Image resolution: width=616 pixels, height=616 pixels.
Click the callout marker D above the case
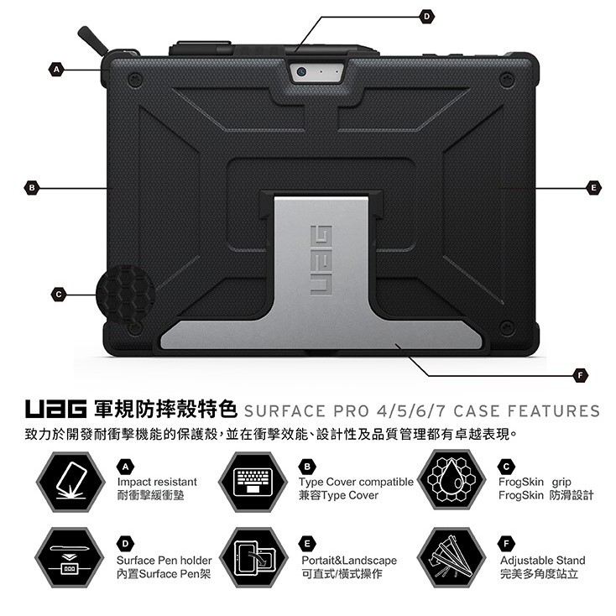pyautogui.click(x=427, y=17)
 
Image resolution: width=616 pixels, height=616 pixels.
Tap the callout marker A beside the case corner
pyautogui.click(x=56, y=70)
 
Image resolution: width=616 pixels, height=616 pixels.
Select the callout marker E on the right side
pyautogui.click(x=593, y=188)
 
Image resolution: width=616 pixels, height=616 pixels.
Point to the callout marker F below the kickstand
pyautogui.click(x=581, y=375)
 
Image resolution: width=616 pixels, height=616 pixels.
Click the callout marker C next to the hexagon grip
pyautogui.click(x=59, y=295)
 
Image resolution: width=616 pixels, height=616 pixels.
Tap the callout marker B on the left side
pyautogui.click(x=32, y=188)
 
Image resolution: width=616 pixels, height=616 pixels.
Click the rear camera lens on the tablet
pyautogui.click(x=301, y=72)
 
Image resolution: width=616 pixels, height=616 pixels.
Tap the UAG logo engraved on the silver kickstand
pyautogui.click(x=321, y=260)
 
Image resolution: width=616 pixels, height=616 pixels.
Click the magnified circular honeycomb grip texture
pyautogui.click(x=126, y=294)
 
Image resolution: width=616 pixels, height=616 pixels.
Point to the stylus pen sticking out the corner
pyautogui.click(x=92, y=40)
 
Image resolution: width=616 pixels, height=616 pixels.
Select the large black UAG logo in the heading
pyautogui.click(x=55, y=409)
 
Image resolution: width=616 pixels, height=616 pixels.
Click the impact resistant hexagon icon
pyautogui.click(x=70, y=482)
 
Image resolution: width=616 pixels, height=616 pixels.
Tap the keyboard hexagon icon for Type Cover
pyautogui.click(x=253, y=482)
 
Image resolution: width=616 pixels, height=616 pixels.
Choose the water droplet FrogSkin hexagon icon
pyautogui.click(x=452, y=480)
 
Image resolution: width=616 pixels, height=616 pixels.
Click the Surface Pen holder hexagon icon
pyautogui.click(x=70, y=558)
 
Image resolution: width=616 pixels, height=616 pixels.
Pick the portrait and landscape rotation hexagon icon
pyautogui.click(x=253, y=558)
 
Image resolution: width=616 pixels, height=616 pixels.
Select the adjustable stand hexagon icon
pyautogui.click(x=452, y=558)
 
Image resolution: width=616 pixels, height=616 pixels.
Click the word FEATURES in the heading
pyautogui.click(x=554, y=411)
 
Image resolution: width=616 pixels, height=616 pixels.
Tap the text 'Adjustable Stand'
pyautogui.click(x=542, y=561)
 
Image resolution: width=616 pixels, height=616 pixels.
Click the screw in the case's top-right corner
pyautogui.click(x=507, y=80)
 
